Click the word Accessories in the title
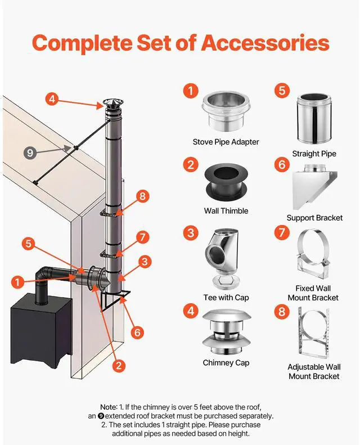[x=265, y=43]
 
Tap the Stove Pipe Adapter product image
[x=226, y=111]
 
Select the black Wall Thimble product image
[x=227, y=182]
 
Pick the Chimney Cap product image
[x=226, y=332]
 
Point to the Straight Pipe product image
[x=314, y=119]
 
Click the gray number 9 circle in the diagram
[x=30, y=153]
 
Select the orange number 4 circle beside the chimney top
[x=52, y=99]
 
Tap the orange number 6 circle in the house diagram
[x=137, y=332]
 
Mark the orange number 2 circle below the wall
[x=119, y=365]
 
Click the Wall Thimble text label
[x=226, y=211]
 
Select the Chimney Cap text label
[x=226, y=363]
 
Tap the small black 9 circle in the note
[x=101, y=416]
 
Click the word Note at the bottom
[x=109, y=407]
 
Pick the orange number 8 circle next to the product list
[x=282, y=312]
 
